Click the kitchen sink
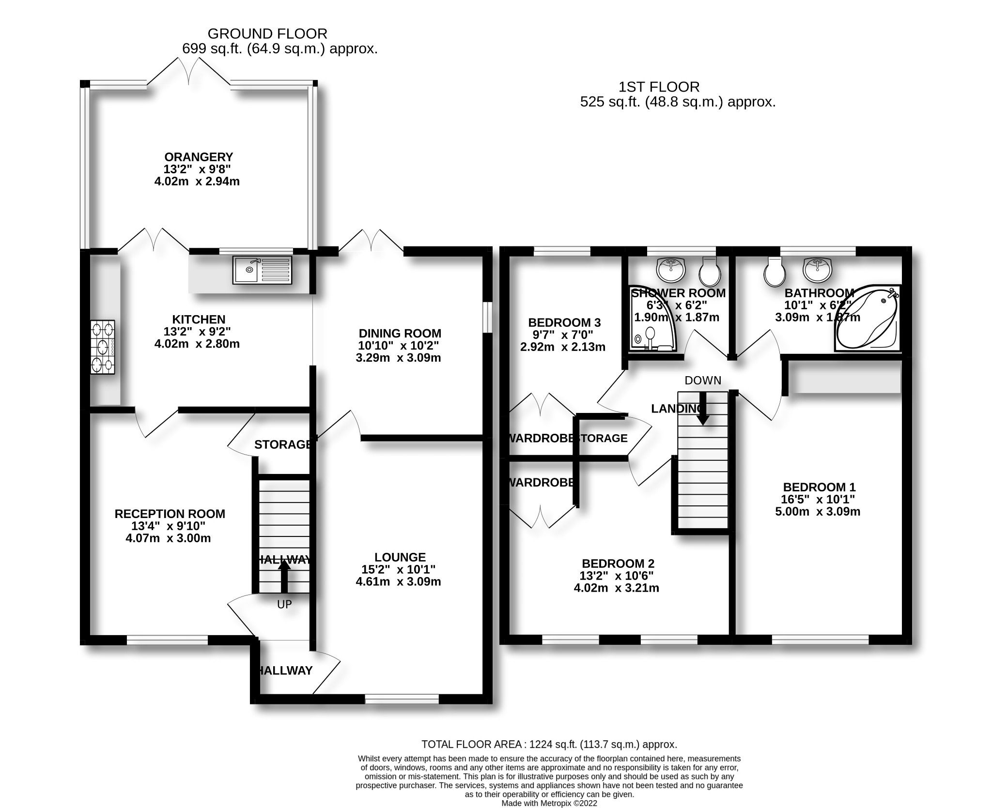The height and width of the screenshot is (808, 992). [262, 269]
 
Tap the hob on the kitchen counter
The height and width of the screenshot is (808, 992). [102, 347]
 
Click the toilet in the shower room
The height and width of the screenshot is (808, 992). [710, 271]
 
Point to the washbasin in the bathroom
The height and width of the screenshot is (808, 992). [818, 269]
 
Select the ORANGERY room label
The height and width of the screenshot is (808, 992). [199, 157]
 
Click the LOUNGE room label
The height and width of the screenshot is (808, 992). [400, 557]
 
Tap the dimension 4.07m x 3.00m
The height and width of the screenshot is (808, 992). [168, 538]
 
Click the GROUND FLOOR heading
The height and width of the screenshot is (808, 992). [267, 33]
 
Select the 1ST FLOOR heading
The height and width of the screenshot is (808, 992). [659, 87]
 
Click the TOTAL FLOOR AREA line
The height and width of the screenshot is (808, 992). [549, 744]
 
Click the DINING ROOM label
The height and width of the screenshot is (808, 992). [400, 333]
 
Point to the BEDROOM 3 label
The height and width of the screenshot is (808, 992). [564, 322]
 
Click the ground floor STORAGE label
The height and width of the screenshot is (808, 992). [282, 444]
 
